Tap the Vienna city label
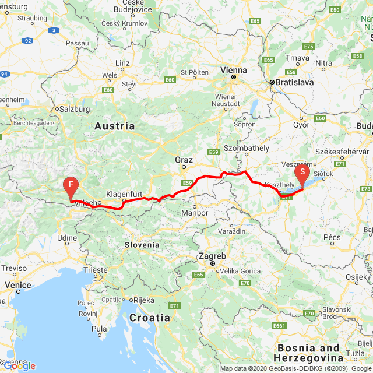[x=234, y=70]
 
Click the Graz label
[x=184, y=159]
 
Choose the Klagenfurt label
[x=125, y=194]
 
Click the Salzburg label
[x=75, y=109]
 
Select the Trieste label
[x=96, y=270]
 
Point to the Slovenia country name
[x=142, y=245]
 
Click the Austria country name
[x=114, y=126]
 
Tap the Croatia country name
[x=150, y=318]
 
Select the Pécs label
[x=332, y=237]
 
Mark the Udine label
[x=66, y=238]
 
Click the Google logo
[x=19, y=366]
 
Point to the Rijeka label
[x=143, y=300]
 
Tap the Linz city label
[x=123, y=62]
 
